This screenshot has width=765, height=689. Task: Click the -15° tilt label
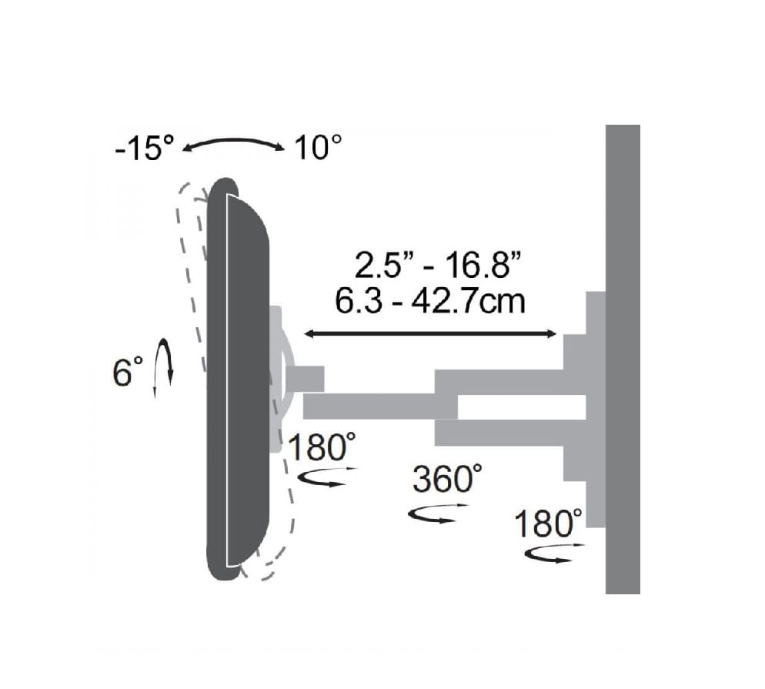click(x=145, y=147)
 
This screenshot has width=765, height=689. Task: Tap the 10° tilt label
click(x=318, y=147)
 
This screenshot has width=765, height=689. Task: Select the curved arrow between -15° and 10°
click(x=233, y=142)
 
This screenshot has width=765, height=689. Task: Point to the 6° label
click(x=128, y=373)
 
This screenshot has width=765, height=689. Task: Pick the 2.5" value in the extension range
click(x=382, y=266)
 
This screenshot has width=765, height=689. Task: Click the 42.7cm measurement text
click(x=469, y=301)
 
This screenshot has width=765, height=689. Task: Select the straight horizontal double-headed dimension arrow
click(x=430, y=334)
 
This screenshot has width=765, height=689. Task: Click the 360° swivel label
click(x=447, y=478)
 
